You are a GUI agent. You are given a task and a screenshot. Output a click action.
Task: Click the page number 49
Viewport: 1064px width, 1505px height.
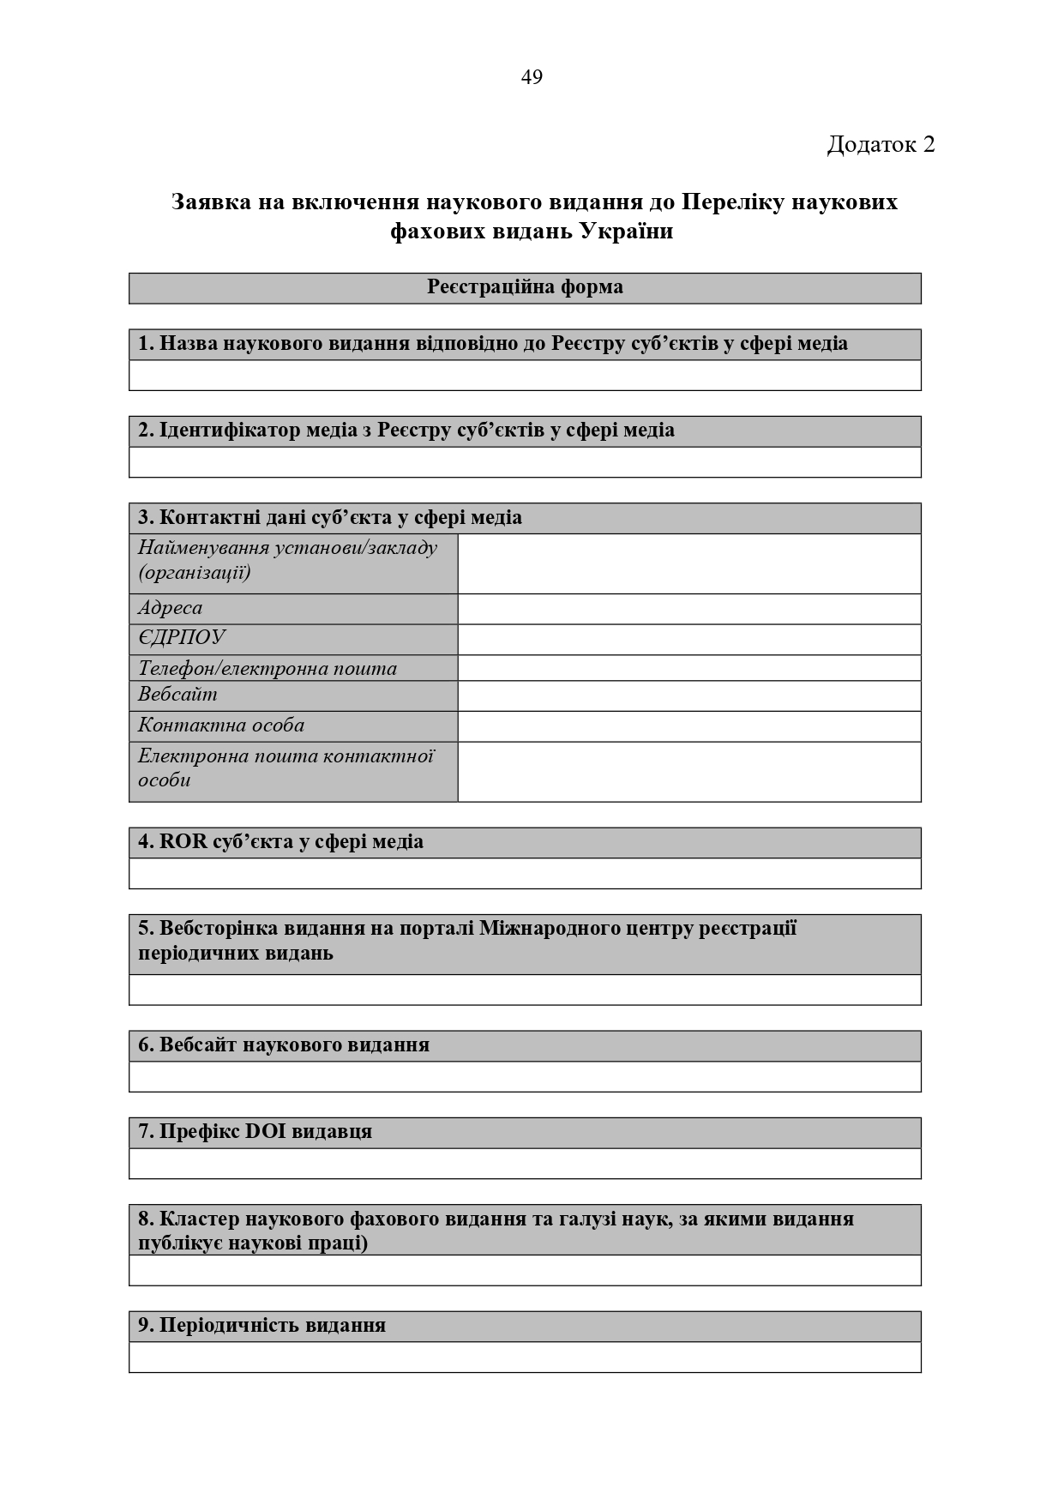coord(532,78)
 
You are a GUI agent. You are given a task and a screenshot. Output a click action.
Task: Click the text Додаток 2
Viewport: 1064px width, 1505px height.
coord(881,144)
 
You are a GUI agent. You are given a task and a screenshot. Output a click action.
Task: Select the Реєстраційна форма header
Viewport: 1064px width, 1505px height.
coord(525,287)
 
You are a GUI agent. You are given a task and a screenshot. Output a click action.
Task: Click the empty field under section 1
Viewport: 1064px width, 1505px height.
coord(525,376)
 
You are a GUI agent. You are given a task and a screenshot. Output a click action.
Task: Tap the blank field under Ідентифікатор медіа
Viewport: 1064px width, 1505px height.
coord(525,462)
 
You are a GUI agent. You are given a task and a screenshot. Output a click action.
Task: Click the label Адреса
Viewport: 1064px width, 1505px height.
coord(171,608)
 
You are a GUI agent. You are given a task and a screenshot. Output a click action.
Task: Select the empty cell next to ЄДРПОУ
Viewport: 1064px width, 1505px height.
coord(689,639)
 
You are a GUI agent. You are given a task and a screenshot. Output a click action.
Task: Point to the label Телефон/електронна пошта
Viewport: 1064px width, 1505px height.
coord(268,668)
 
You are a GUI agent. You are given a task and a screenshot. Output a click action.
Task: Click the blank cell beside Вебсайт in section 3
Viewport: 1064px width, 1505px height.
coord(689,695)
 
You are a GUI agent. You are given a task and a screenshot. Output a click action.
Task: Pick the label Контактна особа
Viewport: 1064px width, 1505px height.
coord(221,725)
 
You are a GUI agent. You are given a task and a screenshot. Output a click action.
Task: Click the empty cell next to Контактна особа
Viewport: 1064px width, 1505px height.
coord(689,726)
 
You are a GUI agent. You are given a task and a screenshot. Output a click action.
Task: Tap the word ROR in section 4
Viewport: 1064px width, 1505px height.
coord(183,842)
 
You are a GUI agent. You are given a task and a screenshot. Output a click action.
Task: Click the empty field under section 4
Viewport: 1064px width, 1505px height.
coord(525,874)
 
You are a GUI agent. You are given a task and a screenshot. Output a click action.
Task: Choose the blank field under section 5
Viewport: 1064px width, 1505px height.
coord(525,990)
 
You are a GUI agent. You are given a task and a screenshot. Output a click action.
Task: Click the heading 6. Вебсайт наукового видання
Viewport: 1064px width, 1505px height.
coord(284,1045)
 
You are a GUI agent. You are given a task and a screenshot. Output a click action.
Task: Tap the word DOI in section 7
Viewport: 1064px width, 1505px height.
coord(266,1132)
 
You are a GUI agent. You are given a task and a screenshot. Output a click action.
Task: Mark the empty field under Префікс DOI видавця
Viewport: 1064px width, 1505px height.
coord(525,1164)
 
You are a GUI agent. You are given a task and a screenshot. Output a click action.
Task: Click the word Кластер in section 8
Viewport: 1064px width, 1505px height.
coord(200,1219)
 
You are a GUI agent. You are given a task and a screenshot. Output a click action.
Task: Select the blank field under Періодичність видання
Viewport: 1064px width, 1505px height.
coord(525,1358)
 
